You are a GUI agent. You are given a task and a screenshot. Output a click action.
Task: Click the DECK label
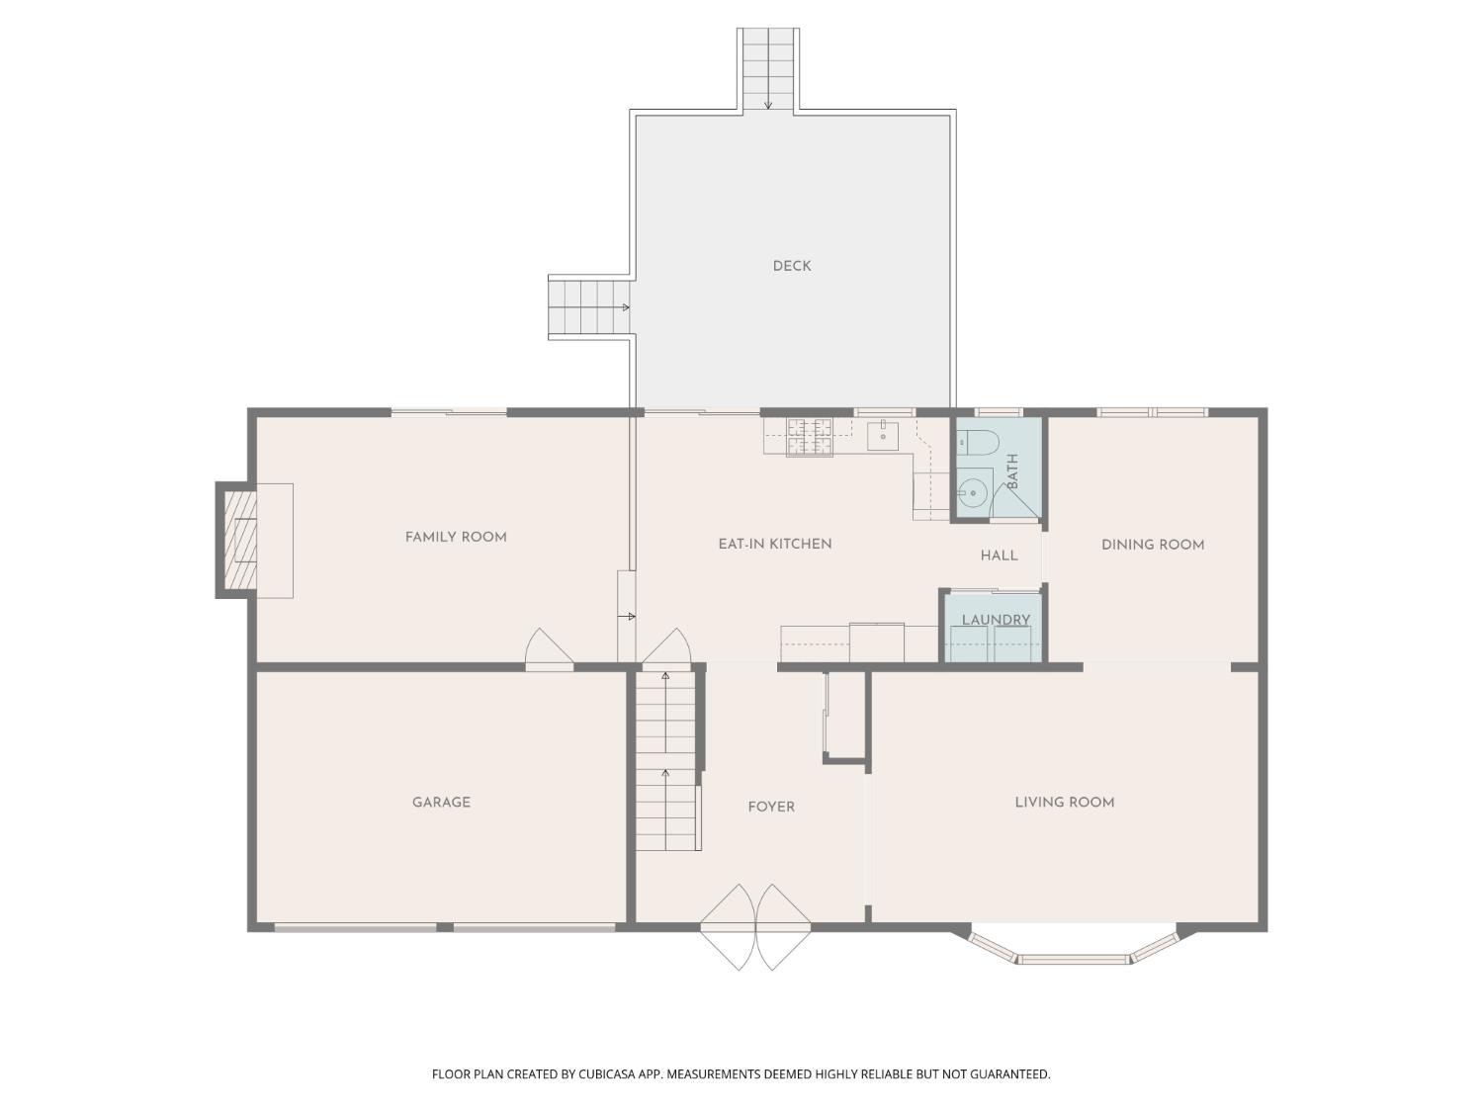pyautogui.click(x=791, y=266)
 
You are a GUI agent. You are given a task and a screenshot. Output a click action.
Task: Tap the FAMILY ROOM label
pyautogui.click(x=456, y=537)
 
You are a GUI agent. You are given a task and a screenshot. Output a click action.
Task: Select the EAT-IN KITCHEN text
pyautogui.click(x=774, y=544)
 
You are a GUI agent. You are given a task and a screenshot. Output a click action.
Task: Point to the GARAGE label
pyautogui.click(x=441, y=802)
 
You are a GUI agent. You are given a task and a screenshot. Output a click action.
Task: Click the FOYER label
pyautogui.click(x=771, y=807)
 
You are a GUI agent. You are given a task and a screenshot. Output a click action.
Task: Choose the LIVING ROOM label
pyautogui.click(x=1064, y=802)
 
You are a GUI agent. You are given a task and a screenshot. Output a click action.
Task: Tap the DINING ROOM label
pyautogui.click(x=1153, y=545)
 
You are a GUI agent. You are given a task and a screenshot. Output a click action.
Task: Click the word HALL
pyautogui.click(x=999, y=556)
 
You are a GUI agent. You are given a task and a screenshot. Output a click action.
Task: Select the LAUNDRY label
pyautogui.click(x=996, y=619)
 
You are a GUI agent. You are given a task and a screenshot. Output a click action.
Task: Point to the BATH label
pyautogui.click(x=1012, y=471)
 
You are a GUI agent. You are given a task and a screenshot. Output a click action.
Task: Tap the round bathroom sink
pyautogui.click(x=973, y=493)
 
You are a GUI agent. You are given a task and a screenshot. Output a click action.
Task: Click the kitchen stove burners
pyautogui.click(x=810, y=436)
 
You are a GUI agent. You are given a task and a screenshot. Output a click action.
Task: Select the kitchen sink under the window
pyautogui.click(x=882, y=436)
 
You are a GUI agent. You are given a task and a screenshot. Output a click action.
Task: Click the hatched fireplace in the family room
pyautogui.click(x=240, y=540)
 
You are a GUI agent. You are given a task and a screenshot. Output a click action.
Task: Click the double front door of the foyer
pyautogui.click(x=754, y=927)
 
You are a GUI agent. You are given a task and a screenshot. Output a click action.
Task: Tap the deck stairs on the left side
pyautogui.click(x=588, y=307)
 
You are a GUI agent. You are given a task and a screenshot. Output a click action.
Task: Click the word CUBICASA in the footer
pyautogui.click(x=607, y=1074)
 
